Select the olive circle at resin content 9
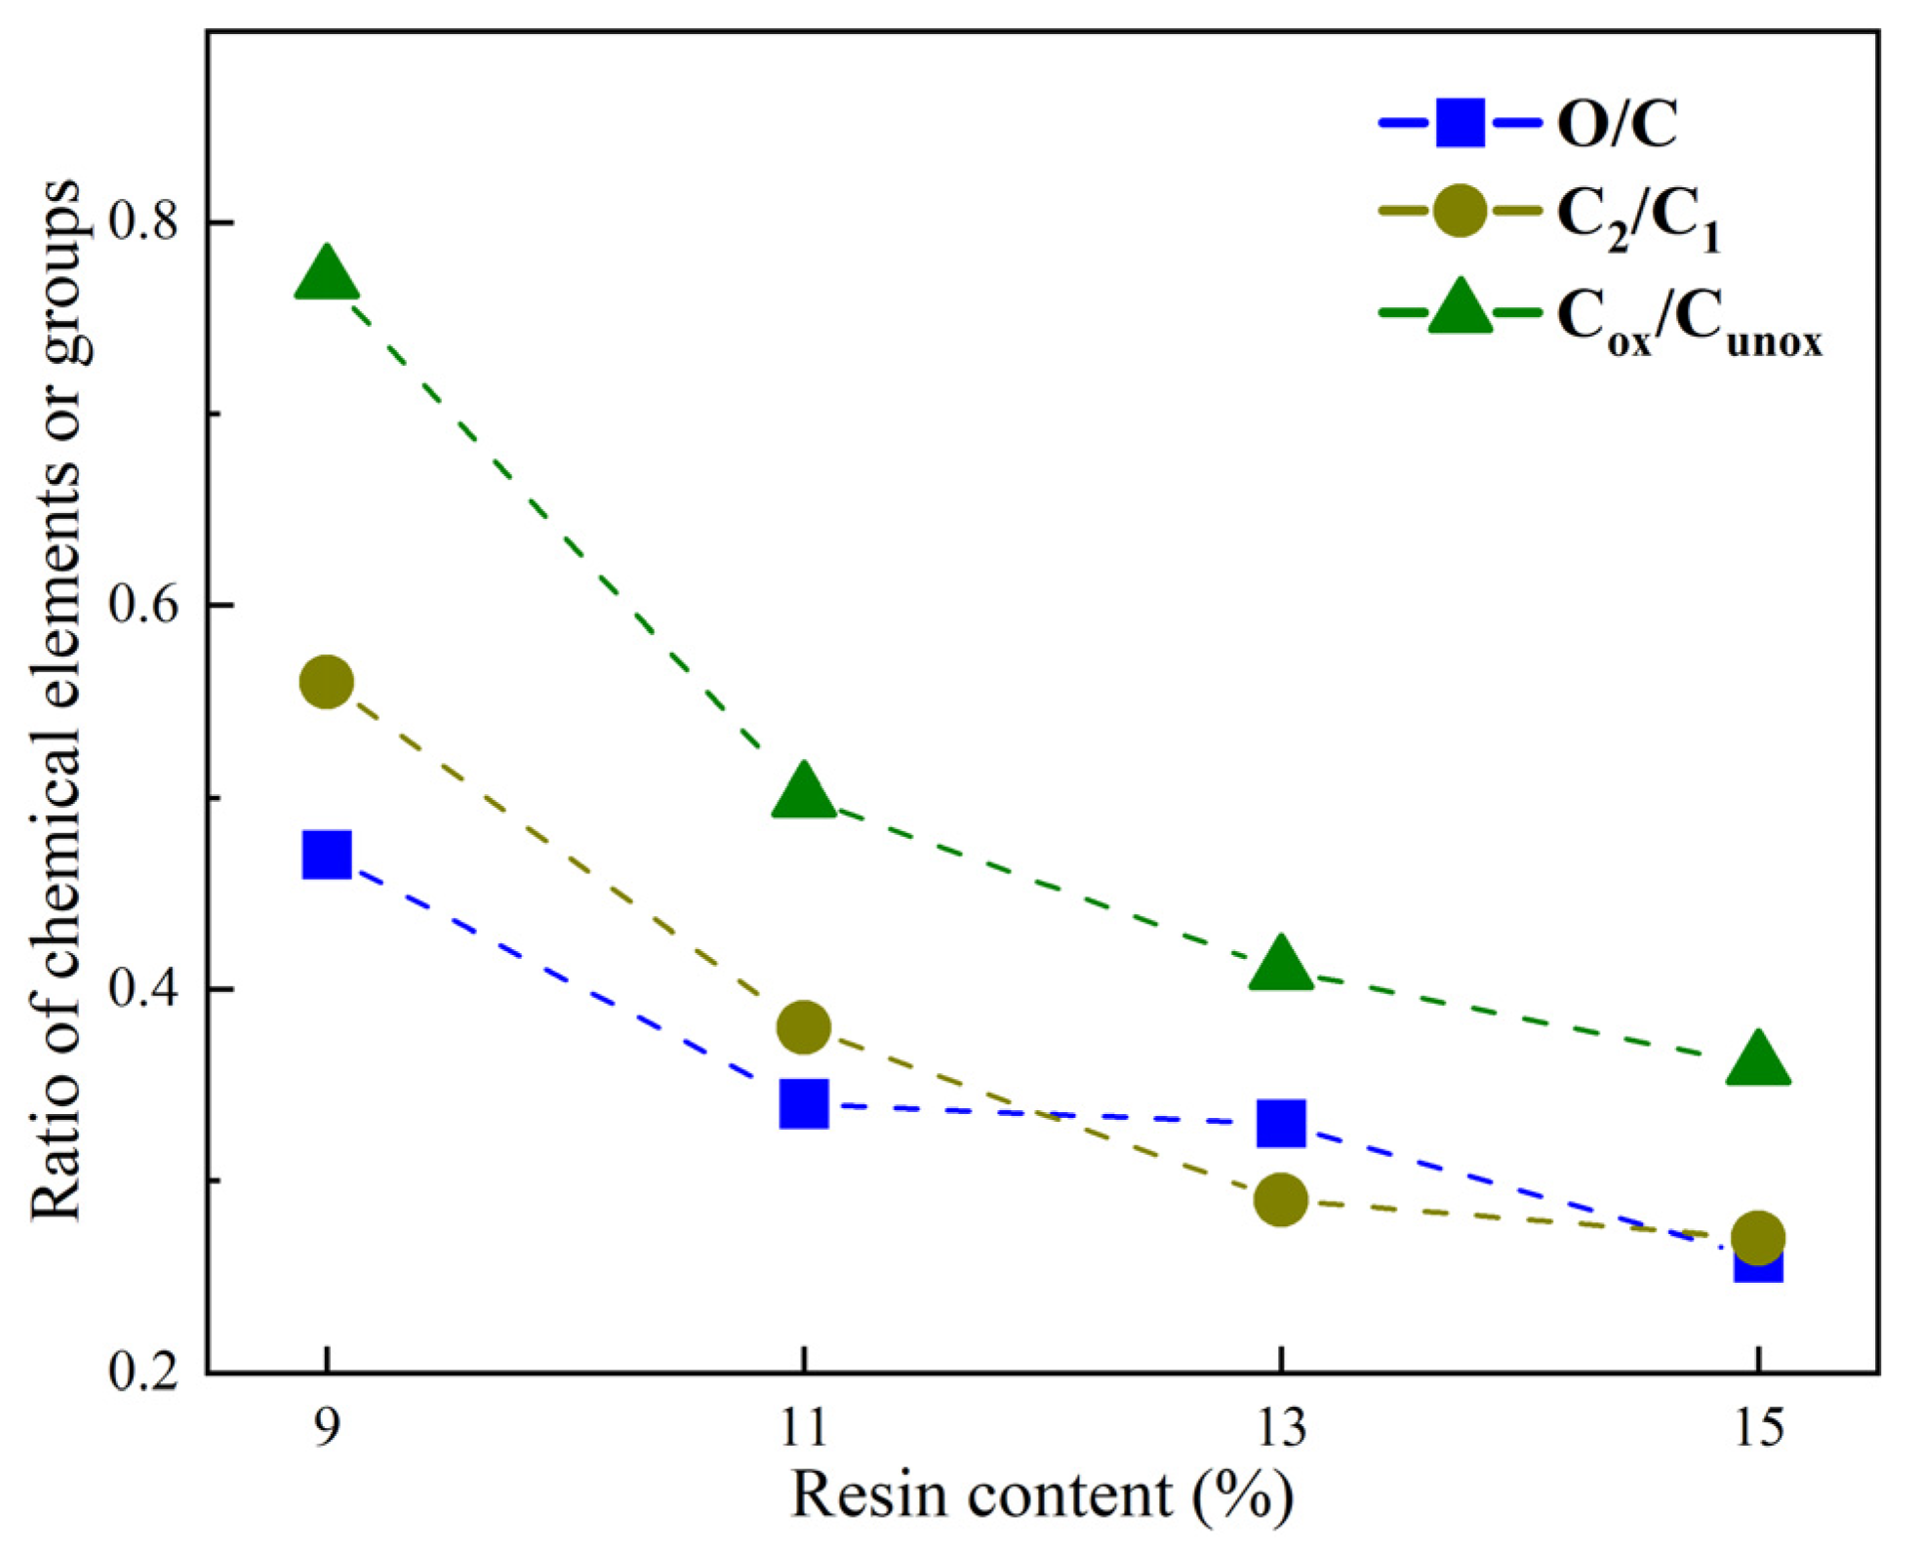pyautogui.click(x=327, y=681)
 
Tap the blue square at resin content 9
pyautogui.click(x=327, y=856)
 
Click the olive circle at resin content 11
pyautogui.click(x=804, y=1026)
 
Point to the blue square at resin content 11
pyautogui.click(x=804, y=1104)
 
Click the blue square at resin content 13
pyautogui.click(x=1281, y=1123)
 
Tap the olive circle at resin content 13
pyautogui.click(x=1281, y=1199)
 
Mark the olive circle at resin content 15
pyautogui.click(x=1758, y=1237)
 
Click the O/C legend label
pyautogui.click(x=1617, y=124)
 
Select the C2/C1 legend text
pyautogui.click(x=1637, y=217)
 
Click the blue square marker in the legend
pyautogui.click(x=1460, y=123)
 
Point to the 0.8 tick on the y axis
pyautogui.click(x=144, y=222)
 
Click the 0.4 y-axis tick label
pyautogui.click(x=144, y=988)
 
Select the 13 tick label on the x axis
pyautogui.click(x=1281, y=1428)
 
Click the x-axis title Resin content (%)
pyautogui.click(x=1042, y=1495)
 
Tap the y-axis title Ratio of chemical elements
pyautogui.click(x=57, y=698)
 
